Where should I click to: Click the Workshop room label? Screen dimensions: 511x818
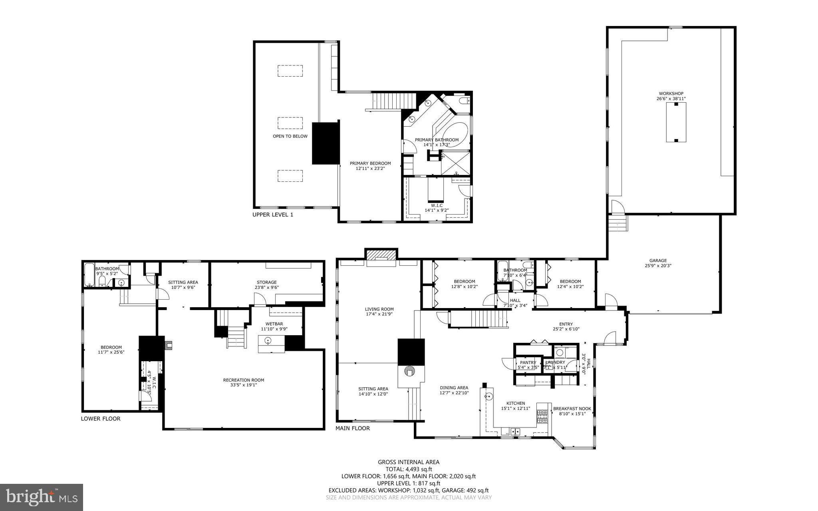(671, 93)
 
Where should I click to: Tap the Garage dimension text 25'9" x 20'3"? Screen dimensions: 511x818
(658, 266)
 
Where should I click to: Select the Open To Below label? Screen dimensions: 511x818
(290, 136)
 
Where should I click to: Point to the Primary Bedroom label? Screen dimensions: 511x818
(370, 163)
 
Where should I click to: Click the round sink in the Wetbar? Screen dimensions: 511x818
(268, 341)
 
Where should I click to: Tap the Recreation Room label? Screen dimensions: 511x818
(243, 380)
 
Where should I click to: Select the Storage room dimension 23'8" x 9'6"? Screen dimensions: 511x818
(266, 288)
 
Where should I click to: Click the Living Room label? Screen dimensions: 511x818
(379, 309)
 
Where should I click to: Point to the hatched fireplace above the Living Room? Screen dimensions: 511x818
(381, 254)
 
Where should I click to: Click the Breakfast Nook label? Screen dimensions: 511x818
(572, 409)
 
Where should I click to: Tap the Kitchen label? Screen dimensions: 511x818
(516, 403)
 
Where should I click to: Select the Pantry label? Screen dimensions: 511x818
(528, 363)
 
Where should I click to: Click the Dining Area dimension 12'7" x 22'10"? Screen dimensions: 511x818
(454, 393)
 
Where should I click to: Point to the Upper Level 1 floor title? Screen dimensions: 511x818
(273, 215)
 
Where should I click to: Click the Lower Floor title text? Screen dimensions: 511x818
(100, 419)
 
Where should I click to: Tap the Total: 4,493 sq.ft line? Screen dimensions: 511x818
(409, 469)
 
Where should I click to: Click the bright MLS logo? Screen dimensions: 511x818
(42, 497)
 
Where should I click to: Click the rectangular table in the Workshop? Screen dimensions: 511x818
(676, 122)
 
